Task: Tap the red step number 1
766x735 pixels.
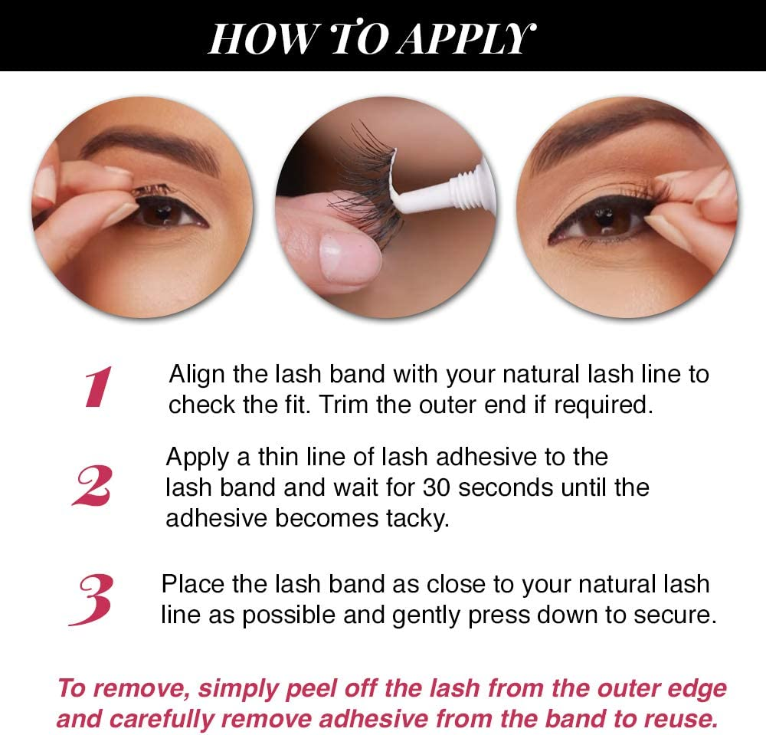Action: click(99, 386)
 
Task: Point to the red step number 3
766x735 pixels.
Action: click(91, 599)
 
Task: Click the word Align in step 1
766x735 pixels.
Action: click(195, 375)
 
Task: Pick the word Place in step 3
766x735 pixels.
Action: click(192, 584)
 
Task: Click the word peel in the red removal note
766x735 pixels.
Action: click(309, 688)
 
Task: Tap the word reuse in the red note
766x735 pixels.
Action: click(679, 720)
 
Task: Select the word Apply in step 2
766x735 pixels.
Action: click(198, 457)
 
